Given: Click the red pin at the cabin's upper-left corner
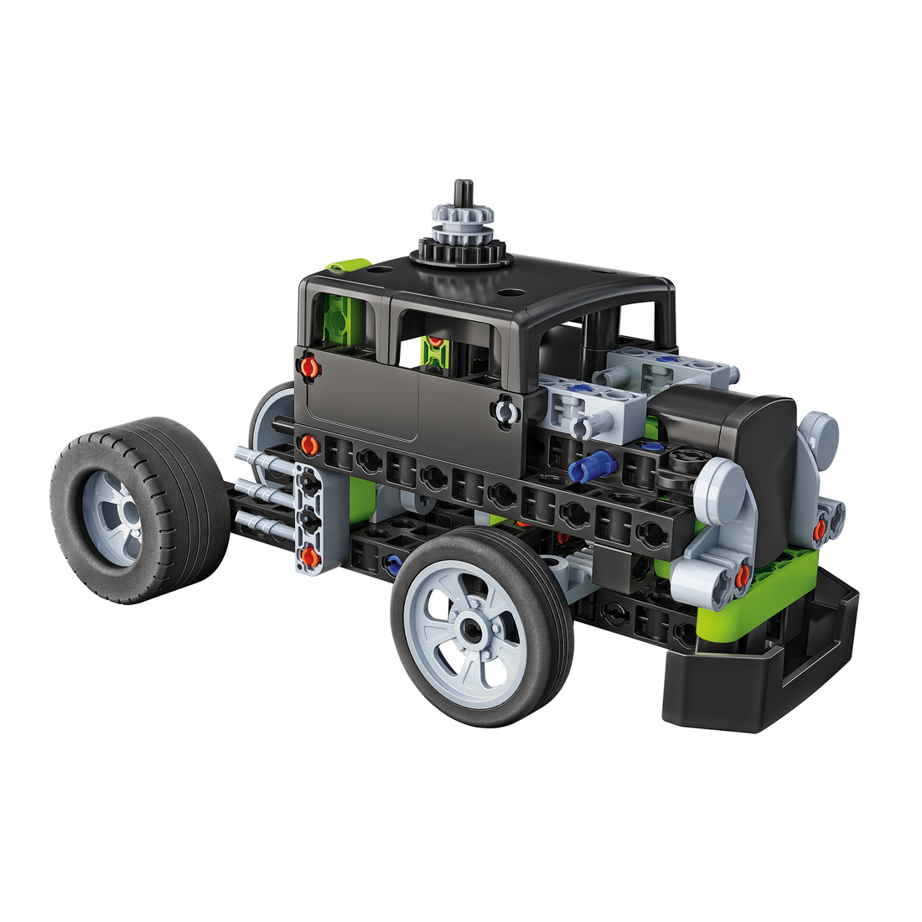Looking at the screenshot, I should [309, 366].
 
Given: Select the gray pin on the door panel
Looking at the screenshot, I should [504, 412].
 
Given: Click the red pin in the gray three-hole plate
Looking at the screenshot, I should [309, 554].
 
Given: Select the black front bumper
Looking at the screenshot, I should [754, 671].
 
